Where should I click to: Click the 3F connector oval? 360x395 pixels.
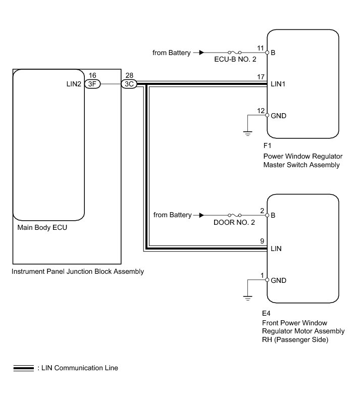pyautogui.click(x=92, y=84)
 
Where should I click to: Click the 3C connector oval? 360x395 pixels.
pyautogui.click(x=129, y=84)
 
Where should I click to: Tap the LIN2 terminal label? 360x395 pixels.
pyautogui.click(x=73, y=84)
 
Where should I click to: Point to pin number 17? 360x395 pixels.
pyautogui.click(x=261, y=77)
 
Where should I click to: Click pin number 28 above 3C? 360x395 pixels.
pyautogui.click(x=129, y=75)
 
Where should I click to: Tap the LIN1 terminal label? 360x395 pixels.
pyautogui.click(x=279, y=84)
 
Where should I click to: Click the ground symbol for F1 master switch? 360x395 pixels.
pyautogui.click(x=248, y=133)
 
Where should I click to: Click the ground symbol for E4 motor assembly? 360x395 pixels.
pyautogui.click(x=248, y=298)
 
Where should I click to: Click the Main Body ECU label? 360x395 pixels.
pyautogui.click(x=42, y=227)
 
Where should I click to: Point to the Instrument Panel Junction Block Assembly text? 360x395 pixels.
pyautogui.click(x=78, y=272)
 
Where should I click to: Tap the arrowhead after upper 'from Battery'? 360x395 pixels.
pyautogui.click(x=202, y=53)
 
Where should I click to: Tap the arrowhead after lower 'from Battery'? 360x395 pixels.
pyautogui.click(x=202, y=215)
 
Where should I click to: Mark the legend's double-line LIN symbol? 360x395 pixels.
pyautogui.click(x=23, y=368)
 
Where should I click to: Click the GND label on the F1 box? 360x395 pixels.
pyautogui.click(x=279, y=116)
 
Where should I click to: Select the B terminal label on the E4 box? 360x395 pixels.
pyautogui.click(x=273, y=215)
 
